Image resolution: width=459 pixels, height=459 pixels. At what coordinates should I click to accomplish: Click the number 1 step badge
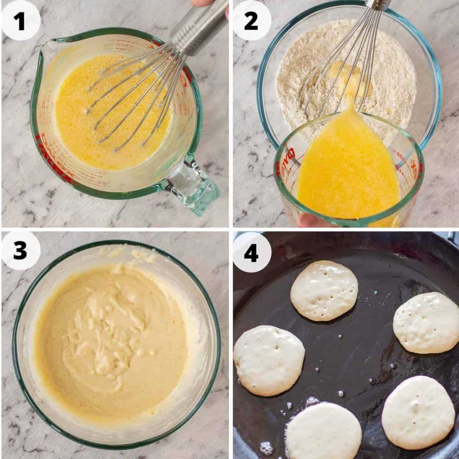click(x=21, y=21)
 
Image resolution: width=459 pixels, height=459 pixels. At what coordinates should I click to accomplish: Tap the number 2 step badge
click(x=251, y=21)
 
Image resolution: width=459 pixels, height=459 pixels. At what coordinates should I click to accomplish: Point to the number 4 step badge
click(x=251, y=252)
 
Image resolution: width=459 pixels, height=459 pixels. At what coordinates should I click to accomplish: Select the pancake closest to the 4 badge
click(x=324, y=290)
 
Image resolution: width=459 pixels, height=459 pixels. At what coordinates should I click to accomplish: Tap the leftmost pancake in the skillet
click(x=268, y=360)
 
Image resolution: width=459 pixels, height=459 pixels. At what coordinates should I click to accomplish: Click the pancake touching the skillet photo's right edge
click(x=427, y=323)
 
